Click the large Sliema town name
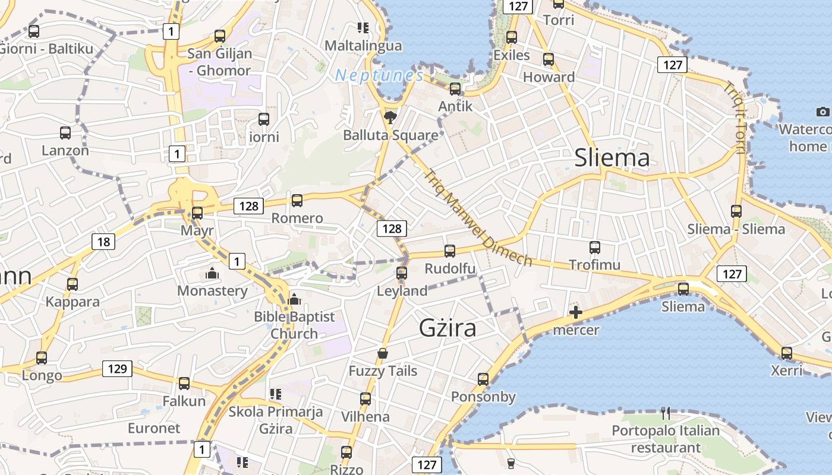click(612, 158)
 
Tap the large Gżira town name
click(447, 328)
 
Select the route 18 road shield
click(103, 241)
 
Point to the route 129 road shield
click(117, 369)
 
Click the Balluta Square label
click(390, 135)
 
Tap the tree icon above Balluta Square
click(390, 116)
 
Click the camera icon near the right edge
click(822, 112)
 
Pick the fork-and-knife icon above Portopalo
click(666, 413)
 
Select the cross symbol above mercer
click(575, 312)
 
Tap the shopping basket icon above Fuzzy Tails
click(383, 354)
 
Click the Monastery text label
click(212, 291)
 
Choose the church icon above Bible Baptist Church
click(294, 300)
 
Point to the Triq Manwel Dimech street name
click(478, 218)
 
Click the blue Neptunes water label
click(379, 75)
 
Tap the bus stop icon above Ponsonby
click(483, 379)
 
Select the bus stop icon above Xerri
click(787, 353)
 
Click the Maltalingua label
click(363, 46)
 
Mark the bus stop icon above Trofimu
click(595, 248)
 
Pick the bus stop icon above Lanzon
click(65, 133)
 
